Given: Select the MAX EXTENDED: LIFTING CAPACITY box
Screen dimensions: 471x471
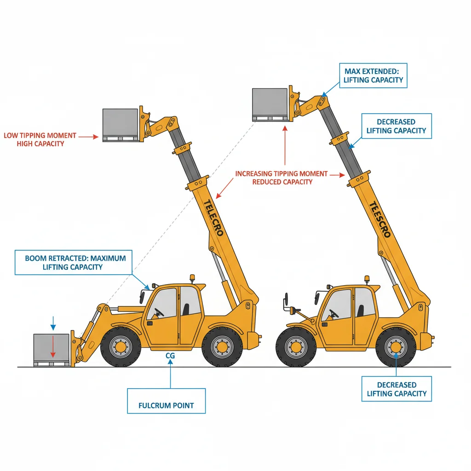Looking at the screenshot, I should point(373,75).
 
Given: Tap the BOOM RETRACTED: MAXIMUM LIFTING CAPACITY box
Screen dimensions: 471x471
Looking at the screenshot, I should point(73,262).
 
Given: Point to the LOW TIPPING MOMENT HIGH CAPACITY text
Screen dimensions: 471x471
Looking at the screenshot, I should point(40,140).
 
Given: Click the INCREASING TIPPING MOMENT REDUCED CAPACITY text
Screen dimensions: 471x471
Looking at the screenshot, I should point(282,178).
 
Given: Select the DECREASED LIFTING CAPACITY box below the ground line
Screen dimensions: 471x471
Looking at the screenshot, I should point(396,389).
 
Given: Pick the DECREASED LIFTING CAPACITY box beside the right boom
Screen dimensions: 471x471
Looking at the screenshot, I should point(396,126).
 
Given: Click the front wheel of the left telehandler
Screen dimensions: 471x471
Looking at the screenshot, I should point(121,346).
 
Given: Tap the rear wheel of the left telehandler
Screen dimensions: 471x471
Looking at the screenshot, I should point(222,346).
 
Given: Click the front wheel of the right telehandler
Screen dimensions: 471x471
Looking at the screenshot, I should point(296,346).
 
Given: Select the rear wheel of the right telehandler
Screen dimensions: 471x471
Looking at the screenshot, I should point(396,346).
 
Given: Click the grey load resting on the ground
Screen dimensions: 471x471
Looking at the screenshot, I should point(51,349).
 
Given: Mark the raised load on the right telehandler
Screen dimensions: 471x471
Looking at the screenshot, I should point(270,103).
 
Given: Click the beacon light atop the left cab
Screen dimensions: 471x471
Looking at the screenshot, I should point(192,279).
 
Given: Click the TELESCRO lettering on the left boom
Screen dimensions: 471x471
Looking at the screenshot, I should point(213,218).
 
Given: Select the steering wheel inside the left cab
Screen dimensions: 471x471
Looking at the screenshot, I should point(158,312).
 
